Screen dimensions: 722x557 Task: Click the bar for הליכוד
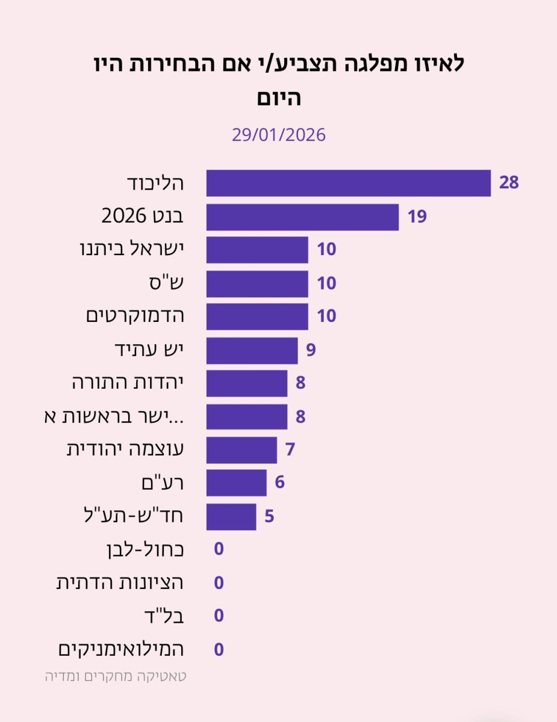click(x=348, y=183)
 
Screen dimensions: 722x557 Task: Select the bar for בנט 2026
click(x=302, y=217)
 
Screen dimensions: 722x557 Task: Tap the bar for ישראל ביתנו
click(x=257, y=250)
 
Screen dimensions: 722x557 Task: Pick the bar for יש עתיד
click(x=252, y=350)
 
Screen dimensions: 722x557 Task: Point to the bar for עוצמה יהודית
click(x=241, y=450)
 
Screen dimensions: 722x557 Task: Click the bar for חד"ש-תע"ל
click(x=231, y=517)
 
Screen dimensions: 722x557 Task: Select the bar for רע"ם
click(x=236, y=483)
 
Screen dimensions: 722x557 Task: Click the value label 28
click(x=509, y=183)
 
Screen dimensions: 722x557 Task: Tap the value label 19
click(x=417, y=217)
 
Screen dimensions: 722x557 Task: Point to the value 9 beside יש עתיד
click(x=311, y=350)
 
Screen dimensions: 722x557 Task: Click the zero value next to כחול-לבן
click(x=219, y=549)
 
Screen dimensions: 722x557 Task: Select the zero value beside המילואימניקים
click(x=219, y=650)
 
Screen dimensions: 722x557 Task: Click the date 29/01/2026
click(x=278, y=135)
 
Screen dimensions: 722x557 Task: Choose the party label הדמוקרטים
click(x=134, y=316)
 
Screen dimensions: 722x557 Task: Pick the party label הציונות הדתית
click(x=120, y=582)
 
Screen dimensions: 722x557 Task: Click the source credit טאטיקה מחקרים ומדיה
click(x=116, y=676)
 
